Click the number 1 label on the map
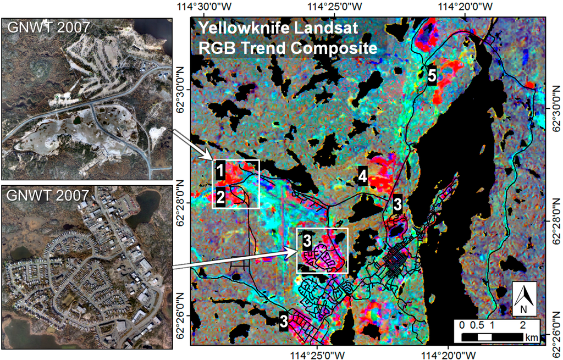coord(219,171)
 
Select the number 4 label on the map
coord(363,176)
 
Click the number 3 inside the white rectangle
coord(307,240)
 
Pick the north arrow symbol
coord(524,300)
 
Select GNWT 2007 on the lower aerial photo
coord(47,195)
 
